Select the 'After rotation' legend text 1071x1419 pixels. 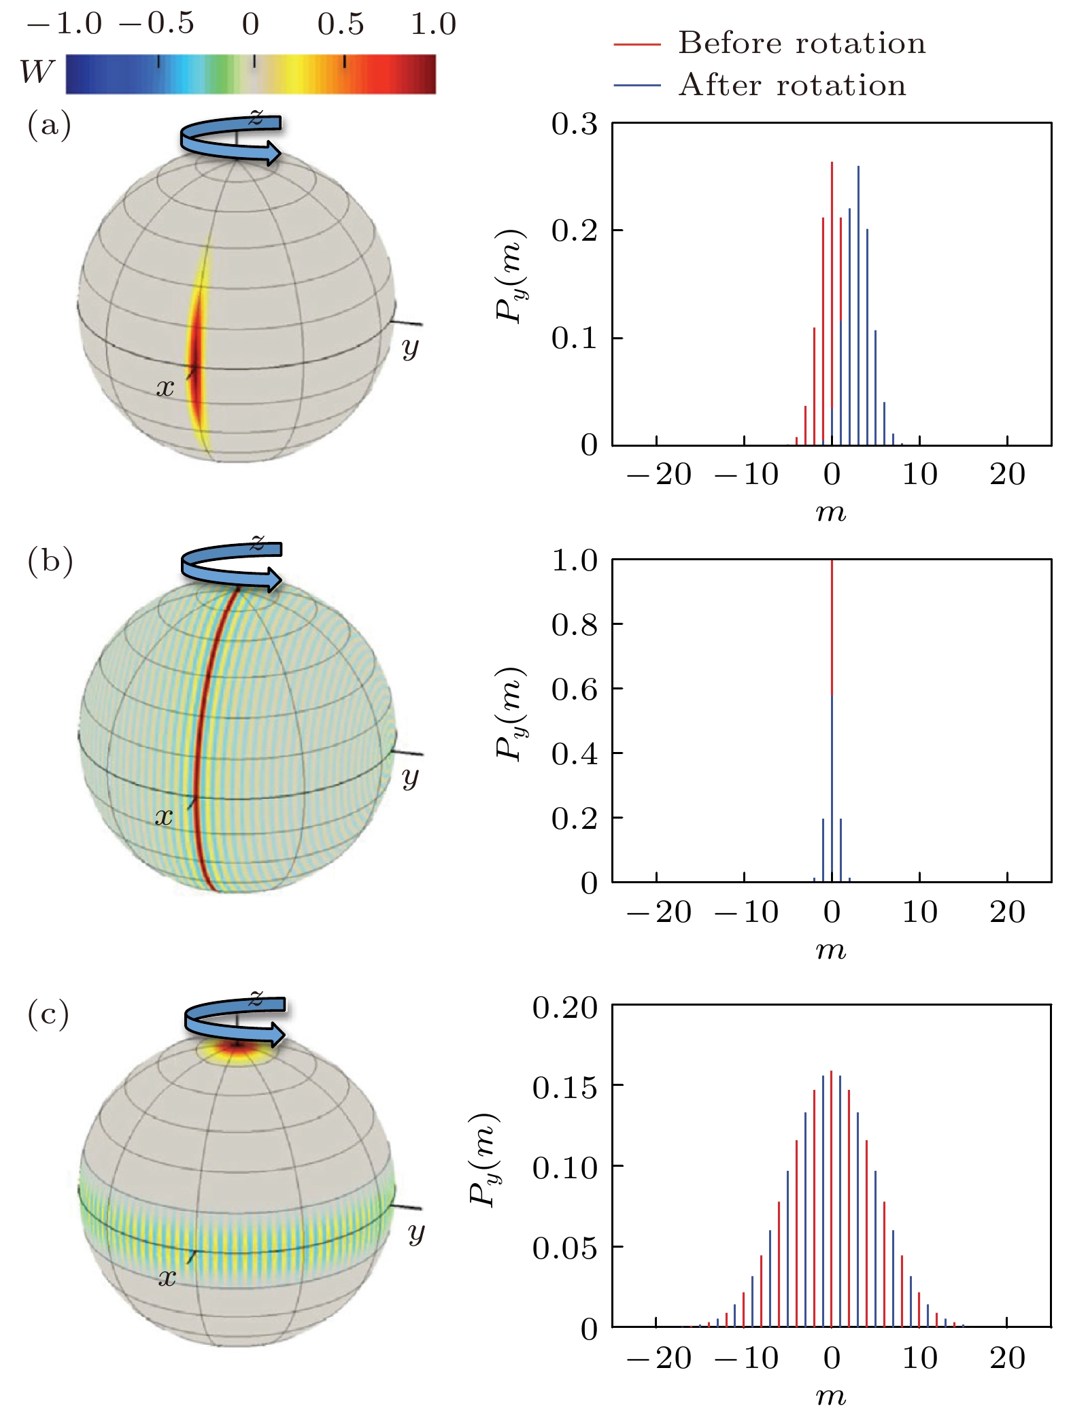click(x=792, y=86)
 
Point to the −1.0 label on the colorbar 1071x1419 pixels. click(x=65, y=24)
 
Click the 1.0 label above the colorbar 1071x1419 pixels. click(x=433, y=24)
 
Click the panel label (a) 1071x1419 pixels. click(x=49, y=126)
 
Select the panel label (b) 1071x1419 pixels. click(x=50, y=562)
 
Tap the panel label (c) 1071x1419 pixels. click(x=48, y=1015)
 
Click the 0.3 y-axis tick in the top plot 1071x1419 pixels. click(x=575, y=124)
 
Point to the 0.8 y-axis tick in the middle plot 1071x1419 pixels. click(x=575, y=624)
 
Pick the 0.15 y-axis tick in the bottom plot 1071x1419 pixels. click(x=565, y=1088)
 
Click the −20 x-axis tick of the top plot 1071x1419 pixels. click(x=658, y=474)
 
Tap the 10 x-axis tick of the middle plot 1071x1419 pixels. click(x=919, y=912)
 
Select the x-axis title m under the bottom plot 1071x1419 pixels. click(x=831, y=1397)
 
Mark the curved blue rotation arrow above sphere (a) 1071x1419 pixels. click(x=231, y=139)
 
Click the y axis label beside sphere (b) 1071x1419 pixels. click(x=410, y=777)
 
